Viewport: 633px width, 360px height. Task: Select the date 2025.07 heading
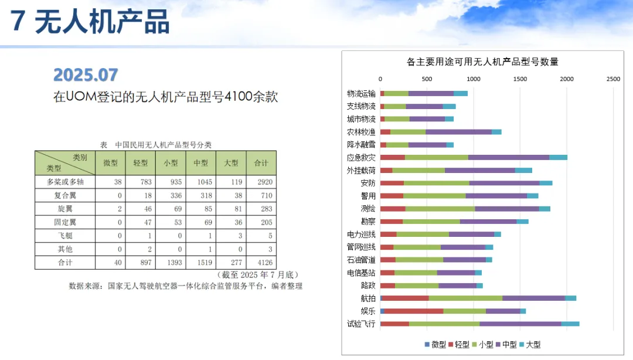pyautogui.click(x=86, y=75)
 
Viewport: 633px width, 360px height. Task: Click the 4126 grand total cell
pyautogui.click(x=261, y=262)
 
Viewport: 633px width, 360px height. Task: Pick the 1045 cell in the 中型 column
pyautogui.click(x=201, y=182)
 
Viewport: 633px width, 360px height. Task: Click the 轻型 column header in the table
pyautogui.click(x=141, y=162)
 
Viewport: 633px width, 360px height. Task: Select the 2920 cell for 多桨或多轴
pyautogui.click(x=261, y=182)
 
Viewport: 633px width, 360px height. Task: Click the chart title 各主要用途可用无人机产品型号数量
pyautogui.click(x=482, y=62)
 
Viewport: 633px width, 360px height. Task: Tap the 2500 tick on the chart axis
pyautogui.click(x=613, y=79)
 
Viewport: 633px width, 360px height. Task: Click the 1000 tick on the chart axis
pyautogui.click(x=474, y=79)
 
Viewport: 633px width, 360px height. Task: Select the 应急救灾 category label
pyautogui.click(x=361, y=157)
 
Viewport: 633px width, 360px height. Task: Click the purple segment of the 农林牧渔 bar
pyautogui.click(x=458, y=132)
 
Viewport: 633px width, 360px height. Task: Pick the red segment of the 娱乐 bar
pyautogui.click(x=414, y=311)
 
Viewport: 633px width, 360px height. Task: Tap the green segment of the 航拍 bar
pyautogui.click(x=465, y=298)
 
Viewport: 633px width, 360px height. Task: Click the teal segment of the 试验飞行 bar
pyautogui.click(x=570, y=324)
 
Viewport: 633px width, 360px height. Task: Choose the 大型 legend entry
pyautogui.click(x=530, y=345)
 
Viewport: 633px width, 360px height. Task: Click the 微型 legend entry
pyautogui.click(x=435, y=345)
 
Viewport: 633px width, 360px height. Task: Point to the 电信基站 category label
pyautogui.click(x=361, y=273)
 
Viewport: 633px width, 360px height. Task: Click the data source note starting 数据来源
pyautogui.click(x=185, y=286)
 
